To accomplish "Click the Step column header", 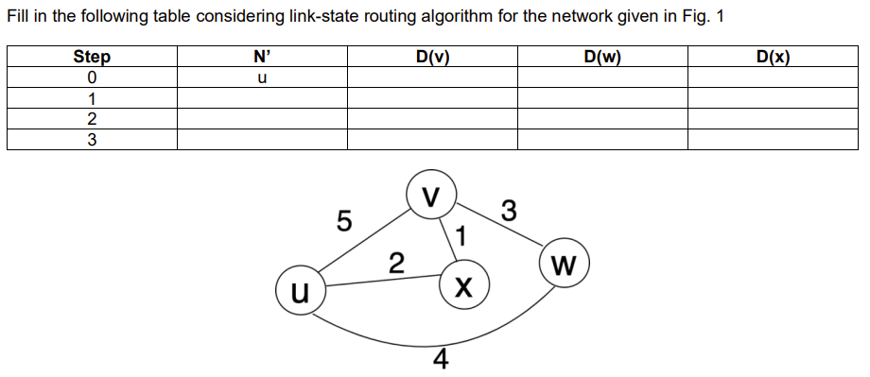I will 92,57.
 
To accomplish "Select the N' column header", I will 262,57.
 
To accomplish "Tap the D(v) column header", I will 432,57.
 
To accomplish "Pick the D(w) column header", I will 602,57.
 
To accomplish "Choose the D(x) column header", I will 773,57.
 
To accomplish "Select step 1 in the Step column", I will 92,98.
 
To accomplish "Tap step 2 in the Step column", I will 92,119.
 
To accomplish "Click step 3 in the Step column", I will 92,140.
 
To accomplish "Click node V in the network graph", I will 431,197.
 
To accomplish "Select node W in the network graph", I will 565,262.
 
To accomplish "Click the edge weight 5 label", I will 344,223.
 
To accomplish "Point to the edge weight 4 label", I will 440,361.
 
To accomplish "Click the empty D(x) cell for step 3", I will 773,140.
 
